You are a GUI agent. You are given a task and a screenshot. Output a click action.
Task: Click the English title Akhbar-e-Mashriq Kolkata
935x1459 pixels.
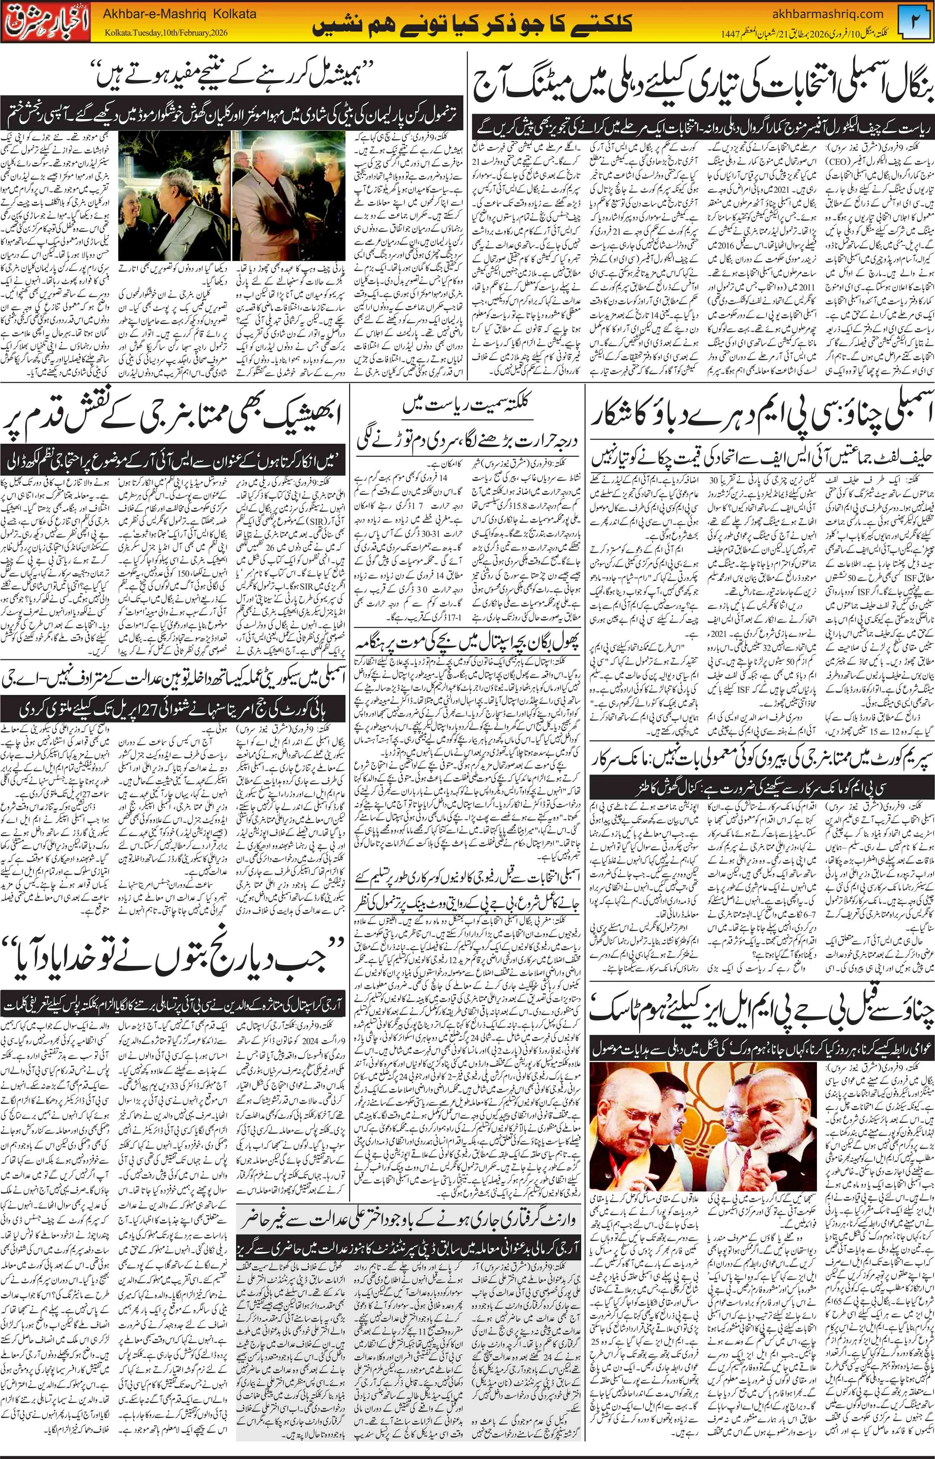(x=180, y=13)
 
